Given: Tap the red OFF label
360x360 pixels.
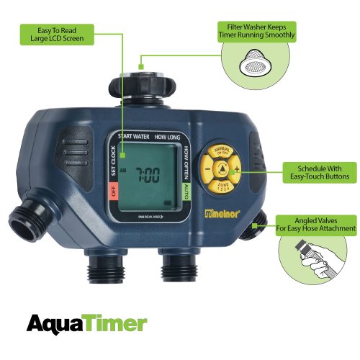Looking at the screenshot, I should pos(112,192).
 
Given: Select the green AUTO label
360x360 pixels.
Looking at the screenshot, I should pos(186,192).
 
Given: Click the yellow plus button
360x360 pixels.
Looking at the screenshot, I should pos(237,171).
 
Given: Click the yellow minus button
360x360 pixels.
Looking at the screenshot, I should pos(207,171).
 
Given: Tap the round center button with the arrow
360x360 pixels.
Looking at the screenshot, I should pos(222,171).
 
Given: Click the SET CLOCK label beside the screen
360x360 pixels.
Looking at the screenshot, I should pos(112,161).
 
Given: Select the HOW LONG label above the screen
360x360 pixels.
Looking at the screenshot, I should pos(168,136).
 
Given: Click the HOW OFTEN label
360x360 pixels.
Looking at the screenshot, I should pos(186,160).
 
